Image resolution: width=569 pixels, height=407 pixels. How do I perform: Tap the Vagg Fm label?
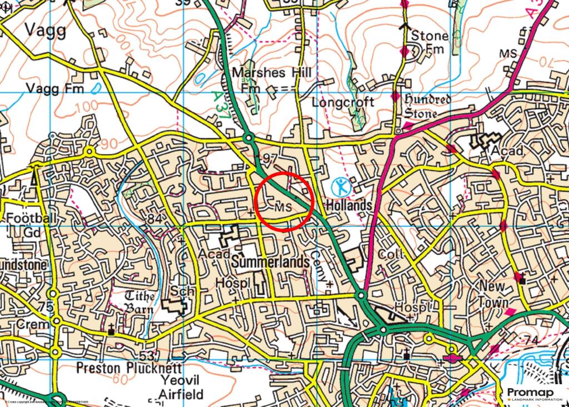point(54,88)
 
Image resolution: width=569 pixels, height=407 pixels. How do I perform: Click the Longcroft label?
point(342,102)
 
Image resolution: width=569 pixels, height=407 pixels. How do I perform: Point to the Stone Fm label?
point(428,43)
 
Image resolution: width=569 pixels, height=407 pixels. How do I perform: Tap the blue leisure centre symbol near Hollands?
point(340,186)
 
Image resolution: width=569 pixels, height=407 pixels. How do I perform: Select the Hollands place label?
point(348,205)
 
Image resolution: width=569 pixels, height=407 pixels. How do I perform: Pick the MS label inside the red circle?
point(283,206)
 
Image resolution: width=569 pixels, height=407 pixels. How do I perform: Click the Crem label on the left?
point(26,324)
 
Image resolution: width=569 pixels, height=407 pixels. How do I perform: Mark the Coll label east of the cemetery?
point(389,254)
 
